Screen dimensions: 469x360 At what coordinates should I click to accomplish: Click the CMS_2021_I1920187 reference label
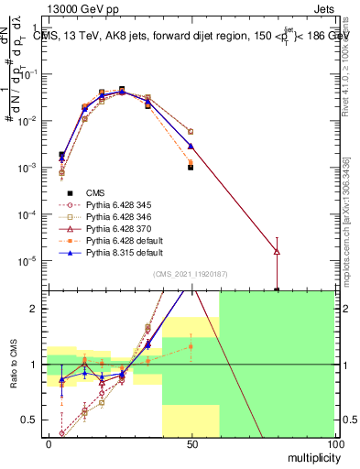(x=191, y=274)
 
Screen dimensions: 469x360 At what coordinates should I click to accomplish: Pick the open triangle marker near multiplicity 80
(x=277, y=251)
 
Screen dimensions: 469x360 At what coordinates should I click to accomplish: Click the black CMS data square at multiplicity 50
(x=191, y=168)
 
